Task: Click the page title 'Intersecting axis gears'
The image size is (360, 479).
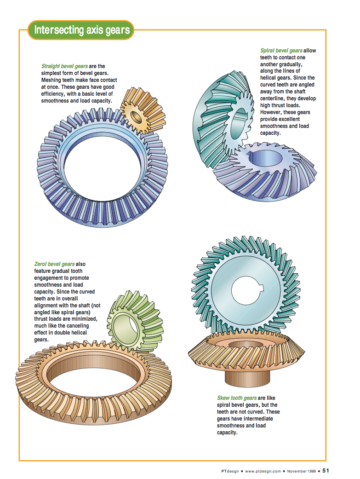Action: pos(81,31)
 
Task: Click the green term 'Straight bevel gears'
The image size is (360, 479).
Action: pos(64,67)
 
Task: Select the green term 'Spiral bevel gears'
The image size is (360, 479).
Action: pos(281,51)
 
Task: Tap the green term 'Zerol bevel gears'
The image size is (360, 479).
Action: pos(54,265)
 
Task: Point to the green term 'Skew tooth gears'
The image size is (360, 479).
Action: pos(237,398)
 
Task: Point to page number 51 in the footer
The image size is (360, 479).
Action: pos(326,471)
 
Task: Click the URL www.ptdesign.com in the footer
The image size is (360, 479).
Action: pos(263,471)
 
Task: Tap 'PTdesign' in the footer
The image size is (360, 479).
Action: pos(230,471)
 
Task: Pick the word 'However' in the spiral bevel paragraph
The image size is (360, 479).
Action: pos(272,112)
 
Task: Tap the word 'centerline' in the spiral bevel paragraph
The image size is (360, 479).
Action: pos(274,98)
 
